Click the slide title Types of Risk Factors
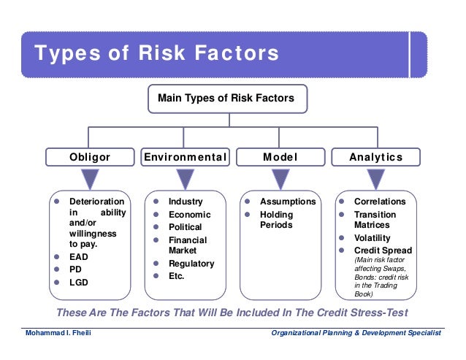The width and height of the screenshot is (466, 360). point(157,53)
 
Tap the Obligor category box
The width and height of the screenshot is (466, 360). point(90,157)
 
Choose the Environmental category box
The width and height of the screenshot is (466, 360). point(186,157)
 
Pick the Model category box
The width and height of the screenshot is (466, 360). point(280,157)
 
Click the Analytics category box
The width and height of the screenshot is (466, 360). point(376,157)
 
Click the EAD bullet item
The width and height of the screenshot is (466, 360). point(79,256)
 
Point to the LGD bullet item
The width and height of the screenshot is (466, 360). point(78,281)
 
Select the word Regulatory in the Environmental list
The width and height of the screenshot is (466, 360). point(191,264)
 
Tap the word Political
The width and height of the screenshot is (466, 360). point(186,227)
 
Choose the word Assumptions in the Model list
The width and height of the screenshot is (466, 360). point(288,202)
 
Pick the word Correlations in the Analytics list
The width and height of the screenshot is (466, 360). point(379,202)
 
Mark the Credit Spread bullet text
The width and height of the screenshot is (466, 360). point(383,250)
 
